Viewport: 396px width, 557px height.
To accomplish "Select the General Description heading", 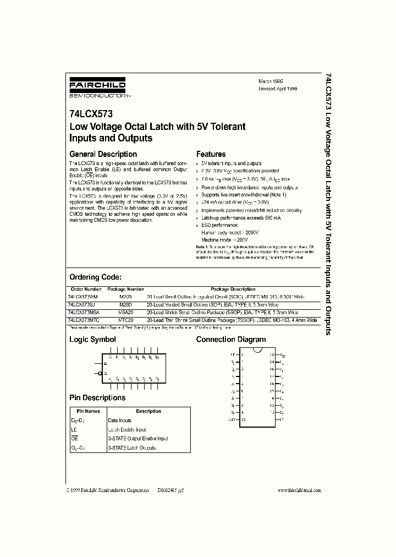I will [103, 154].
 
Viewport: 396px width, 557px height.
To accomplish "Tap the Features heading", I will [211, 154].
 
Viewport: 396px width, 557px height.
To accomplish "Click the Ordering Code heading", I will [95, 277].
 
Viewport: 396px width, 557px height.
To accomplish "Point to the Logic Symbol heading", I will [92, 340].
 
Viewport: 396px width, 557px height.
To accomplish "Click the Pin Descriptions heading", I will [97, 397].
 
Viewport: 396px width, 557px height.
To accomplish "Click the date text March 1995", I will [271, 80].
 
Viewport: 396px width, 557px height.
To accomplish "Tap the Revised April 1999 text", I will [278, 88].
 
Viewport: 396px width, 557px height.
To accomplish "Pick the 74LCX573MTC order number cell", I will [84, 319].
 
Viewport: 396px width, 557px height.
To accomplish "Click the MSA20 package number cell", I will [125, 312].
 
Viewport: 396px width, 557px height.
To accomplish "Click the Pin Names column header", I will [88, 411].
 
